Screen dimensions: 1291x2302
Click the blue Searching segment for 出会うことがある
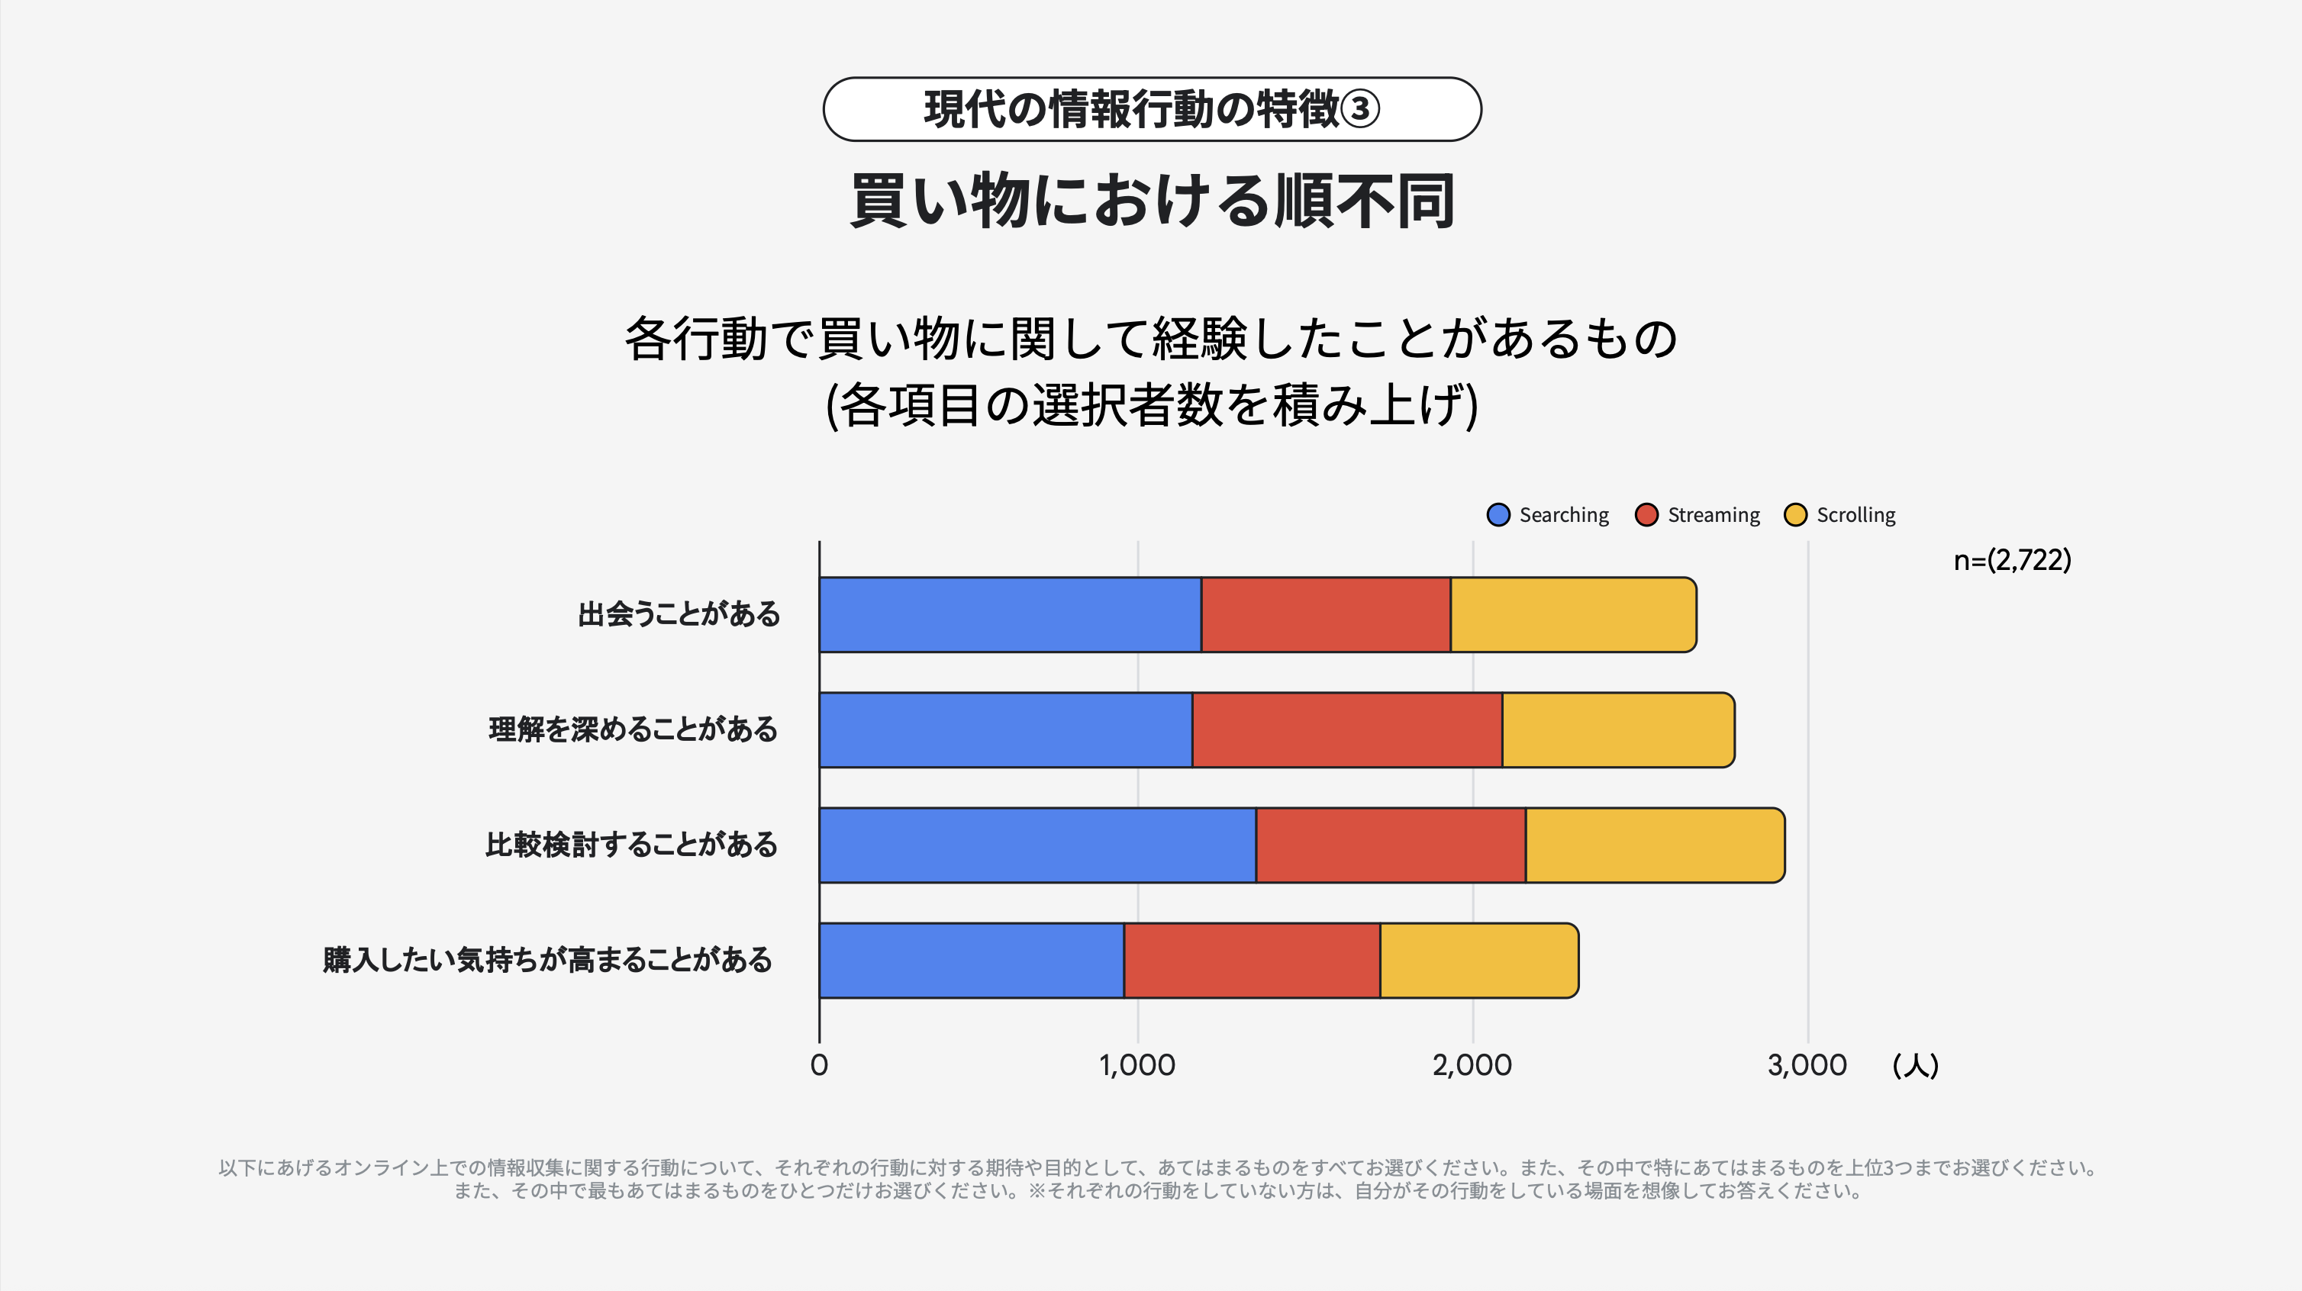1010,615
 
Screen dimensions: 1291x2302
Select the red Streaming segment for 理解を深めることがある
1346,730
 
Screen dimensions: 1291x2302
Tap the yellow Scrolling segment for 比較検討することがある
1654,845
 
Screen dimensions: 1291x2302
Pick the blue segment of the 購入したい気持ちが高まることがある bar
972,961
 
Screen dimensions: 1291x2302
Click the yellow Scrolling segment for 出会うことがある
1573,615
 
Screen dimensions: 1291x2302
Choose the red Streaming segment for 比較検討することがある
1391,845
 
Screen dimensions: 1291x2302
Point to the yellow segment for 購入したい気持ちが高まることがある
1479,961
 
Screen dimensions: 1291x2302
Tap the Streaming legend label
1713,516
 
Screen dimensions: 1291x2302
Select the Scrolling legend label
1855,516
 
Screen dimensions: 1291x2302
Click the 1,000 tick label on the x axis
1136,1065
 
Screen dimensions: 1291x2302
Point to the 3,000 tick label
1807,1065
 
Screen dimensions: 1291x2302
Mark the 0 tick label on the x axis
818,1065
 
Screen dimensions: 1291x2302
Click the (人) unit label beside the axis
1915,1065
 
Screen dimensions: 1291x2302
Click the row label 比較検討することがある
632,845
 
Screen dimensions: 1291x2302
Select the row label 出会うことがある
679,615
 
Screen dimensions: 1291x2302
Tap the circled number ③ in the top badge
1360,110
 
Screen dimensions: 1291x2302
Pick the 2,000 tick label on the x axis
1472,1065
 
